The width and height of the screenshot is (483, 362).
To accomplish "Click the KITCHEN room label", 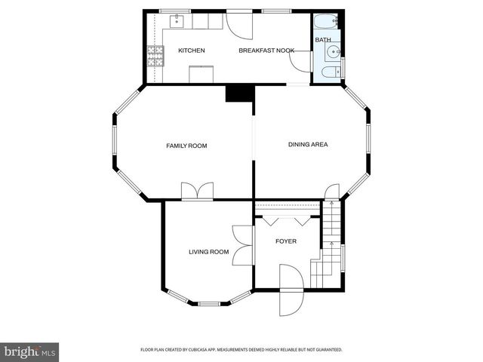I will click(191, 51).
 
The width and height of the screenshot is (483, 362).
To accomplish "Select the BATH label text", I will click(323, 40).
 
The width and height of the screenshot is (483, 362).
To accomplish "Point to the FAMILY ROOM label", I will click(186, 146).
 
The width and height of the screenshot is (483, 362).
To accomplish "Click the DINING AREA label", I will click(308, 144).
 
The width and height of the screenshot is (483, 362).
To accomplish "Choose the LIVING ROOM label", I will click(208, 252).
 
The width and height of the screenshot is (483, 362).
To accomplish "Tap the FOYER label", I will click(286, 241).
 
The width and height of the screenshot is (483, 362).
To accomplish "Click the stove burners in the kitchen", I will click(155, 56).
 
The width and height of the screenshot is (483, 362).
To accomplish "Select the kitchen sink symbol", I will click(178, 21).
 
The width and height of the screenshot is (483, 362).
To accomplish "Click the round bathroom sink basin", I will click(333, 51).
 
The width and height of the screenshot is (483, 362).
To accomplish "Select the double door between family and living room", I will click(197, 192).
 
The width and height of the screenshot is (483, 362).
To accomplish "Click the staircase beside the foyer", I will click(329, 245).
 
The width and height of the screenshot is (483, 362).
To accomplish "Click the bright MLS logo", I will click(29, 351).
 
